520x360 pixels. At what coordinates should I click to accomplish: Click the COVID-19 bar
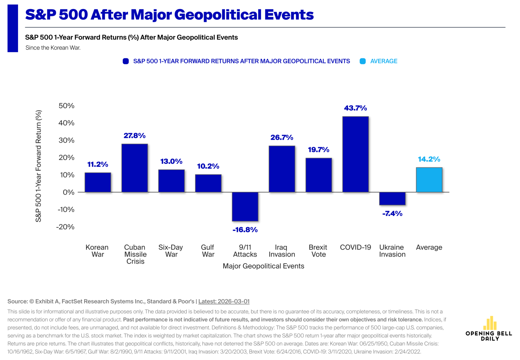pyautogui.click(x=355, y=154)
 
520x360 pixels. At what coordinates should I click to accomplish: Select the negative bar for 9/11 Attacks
pyautogui.click(x=245, y=207)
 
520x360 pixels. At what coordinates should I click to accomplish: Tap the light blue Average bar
pyautogui.click(x=429, y=180)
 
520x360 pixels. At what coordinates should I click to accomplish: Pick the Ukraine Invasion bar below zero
pyautogui.click(x=392, y=199)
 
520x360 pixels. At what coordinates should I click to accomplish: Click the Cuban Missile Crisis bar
pyautogui.click(x=135, y=168)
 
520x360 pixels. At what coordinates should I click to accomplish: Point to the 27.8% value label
pyautogui.click(x=135, y=136)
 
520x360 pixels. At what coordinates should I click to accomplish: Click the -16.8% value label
pyautogui.click(x=245, y=230)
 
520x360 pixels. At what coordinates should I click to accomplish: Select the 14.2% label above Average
pyautogui.click(x=429, y=159)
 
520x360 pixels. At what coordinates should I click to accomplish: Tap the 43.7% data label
pyautogui.click(x=355, y=108)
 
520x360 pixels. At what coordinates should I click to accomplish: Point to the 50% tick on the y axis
pyautogui.click(x=67, y=106)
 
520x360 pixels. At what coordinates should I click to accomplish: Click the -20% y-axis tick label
pyautogui.click(x=65, y=227)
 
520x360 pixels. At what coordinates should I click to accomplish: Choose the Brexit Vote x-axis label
pyautogui.click(x=318, y=251)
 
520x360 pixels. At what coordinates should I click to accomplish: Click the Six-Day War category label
pyautogui.click(x=171, y=251)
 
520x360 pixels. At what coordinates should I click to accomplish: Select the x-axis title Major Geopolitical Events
pyautogui.click(x=263, y=266)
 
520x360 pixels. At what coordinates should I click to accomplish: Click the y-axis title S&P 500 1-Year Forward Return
pyautogui.click(x=39, y=166)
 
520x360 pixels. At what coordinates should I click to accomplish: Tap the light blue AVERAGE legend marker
pyautogui.click(x=363, y=61)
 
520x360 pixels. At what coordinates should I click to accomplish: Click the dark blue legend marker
pyautogui.click(x=126, y=61)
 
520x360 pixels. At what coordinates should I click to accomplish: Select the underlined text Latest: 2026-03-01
pyautogui.click(x=224, y=301)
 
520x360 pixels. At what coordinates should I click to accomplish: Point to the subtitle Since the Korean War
pyautogui.click(x=53, y=48)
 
